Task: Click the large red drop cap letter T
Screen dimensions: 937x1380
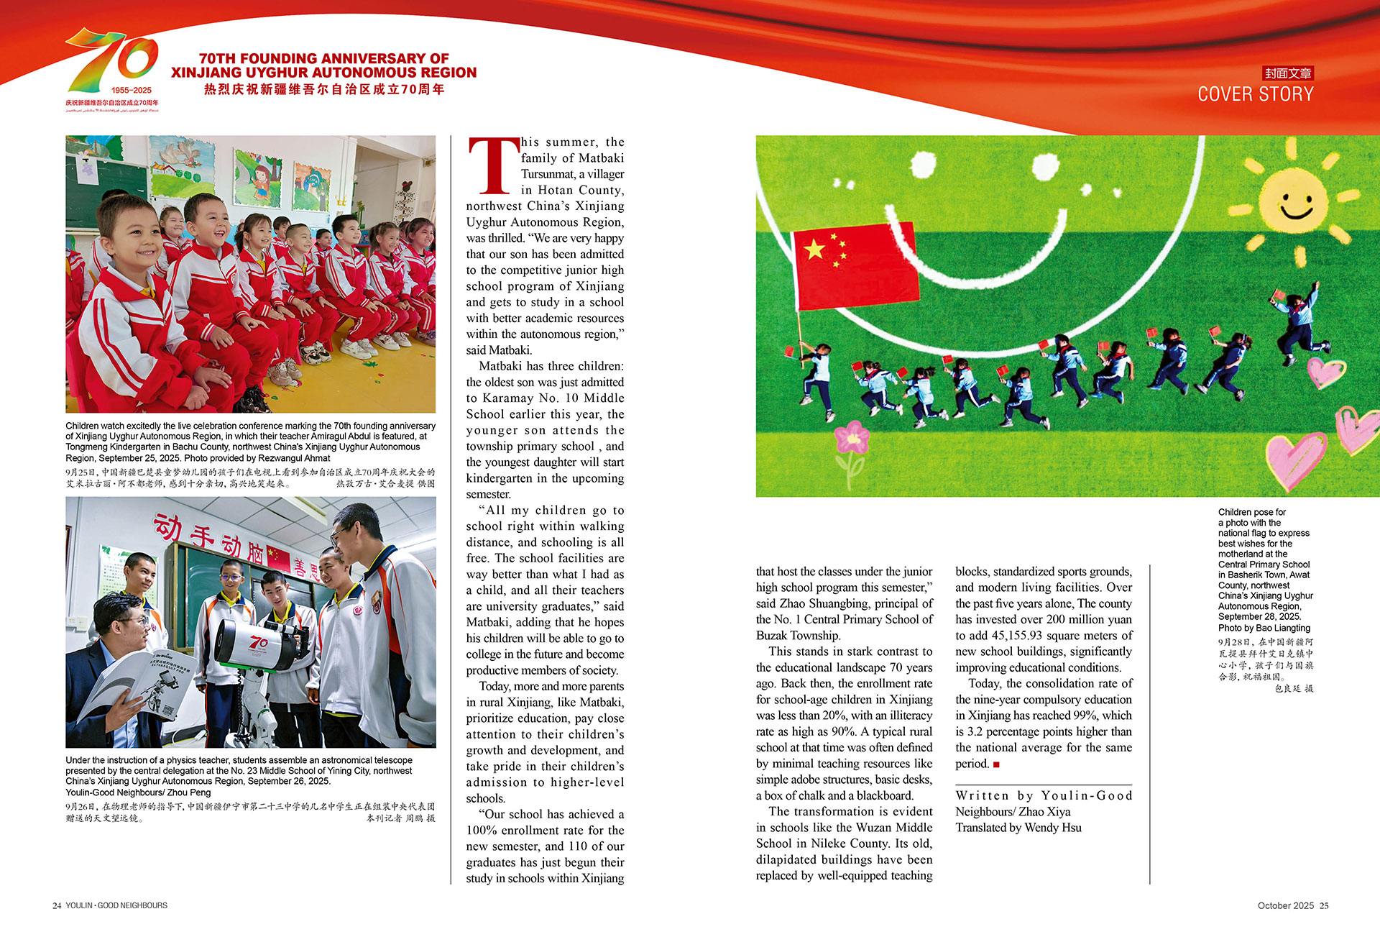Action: pos(493,166)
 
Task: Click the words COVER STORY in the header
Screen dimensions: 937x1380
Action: pos(1255,94)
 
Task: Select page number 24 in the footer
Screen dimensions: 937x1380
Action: pos(56,905)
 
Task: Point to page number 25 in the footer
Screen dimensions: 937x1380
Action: pos(1324,905)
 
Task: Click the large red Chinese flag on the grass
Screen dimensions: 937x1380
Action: pos(855,265)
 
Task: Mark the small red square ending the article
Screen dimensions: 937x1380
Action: pos(996,764)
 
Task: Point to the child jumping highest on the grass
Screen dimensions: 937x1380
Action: pos(1302,316)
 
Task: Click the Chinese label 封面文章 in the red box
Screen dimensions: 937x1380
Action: pos(1288,73)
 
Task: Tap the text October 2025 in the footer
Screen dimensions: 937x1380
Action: pos(1285,905)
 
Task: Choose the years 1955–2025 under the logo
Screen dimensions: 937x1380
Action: pos(132,91)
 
